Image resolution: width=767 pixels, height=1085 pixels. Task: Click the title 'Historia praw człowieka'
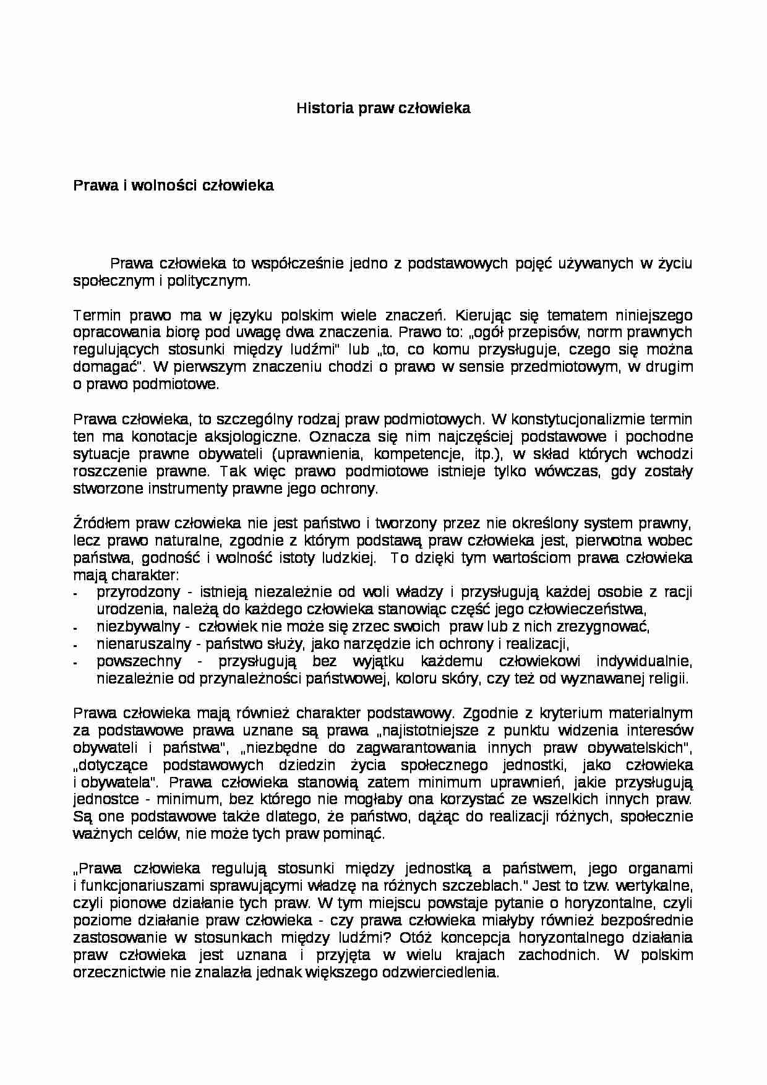coord(383,108)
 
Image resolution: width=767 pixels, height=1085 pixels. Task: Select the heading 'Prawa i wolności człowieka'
coord(173,186)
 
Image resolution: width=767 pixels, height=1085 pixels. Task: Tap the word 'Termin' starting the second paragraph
coord(94,315)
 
